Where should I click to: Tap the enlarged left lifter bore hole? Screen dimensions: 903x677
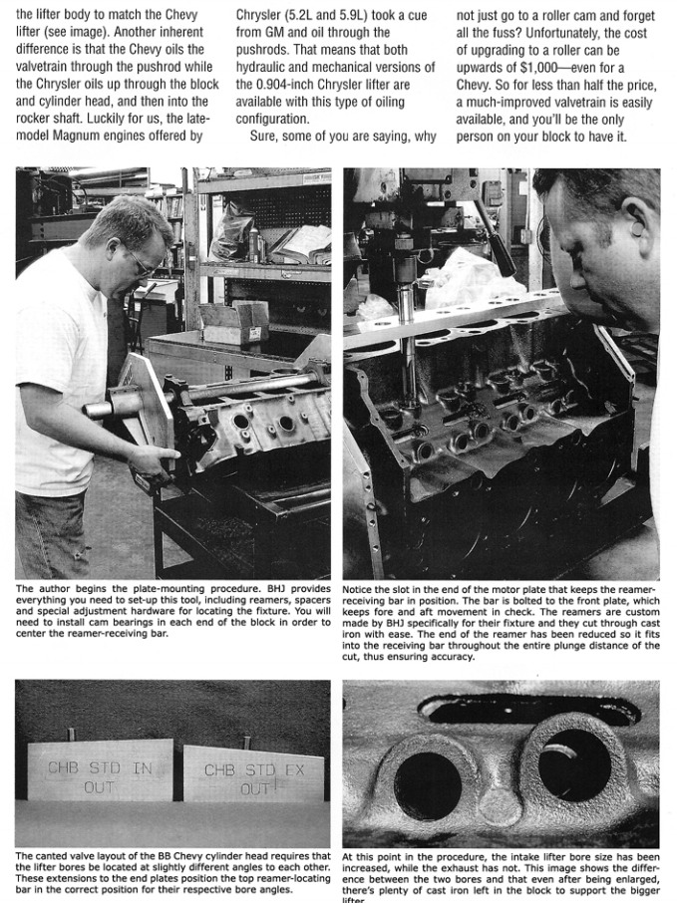tap(428, 782)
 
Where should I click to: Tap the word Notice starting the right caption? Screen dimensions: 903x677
tap(360, 588)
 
